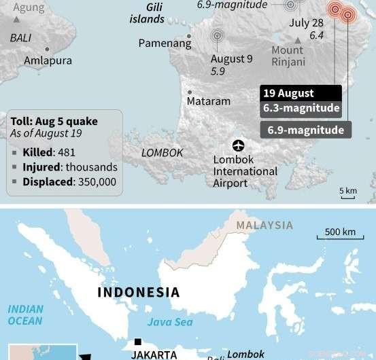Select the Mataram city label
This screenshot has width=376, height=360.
(x=209, y=101)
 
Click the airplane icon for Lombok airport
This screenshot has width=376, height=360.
(x=239, y=145)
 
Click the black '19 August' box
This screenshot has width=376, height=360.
(x=297, y=93)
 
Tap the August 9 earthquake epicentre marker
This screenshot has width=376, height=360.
(x=218, y=37)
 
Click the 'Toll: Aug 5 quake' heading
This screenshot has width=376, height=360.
(x=54, y=121)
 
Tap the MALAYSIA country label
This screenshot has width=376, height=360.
(x=264, y=226)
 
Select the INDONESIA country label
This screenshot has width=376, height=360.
(x=139, y=293)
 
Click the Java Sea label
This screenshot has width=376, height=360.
(x=170, y=323)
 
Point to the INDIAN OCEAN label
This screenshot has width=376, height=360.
(x=25, y=315)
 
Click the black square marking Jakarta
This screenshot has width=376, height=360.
(x=138, y=342)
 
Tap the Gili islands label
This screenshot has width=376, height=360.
(x=146, y=12)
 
